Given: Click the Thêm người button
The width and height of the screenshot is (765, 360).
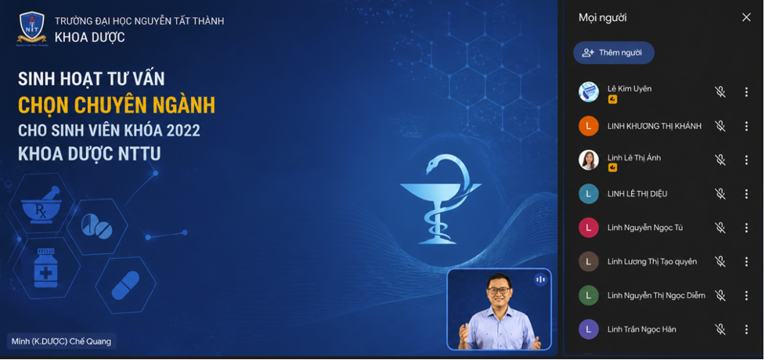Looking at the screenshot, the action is click(613, 52).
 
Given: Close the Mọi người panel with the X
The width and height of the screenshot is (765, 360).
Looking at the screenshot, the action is click(746, 17).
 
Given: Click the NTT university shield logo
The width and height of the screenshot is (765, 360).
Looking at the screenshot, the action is click(32, 28).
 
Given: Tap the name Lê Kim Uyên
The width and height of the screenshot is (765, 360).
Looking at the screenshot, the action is click(630, 88).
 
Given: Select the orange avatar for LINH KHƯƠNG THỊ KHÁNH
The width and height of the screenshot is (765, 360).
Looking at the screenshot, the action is click(588, 126).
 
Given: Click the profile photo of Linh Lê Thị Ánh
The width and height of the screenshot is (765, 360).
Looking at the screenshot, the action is click(588, 160).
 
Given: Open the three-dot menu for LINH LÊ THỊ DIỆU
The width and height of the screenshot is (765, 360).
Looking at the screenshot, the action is click(746, 194).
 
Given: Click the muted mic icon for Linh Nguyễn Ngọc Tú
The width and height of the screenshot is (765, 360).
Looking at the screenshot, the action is click(720, 228).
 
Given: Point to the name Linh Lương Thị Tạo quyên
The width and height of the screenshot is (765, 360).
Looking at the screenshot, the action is click(651, 262).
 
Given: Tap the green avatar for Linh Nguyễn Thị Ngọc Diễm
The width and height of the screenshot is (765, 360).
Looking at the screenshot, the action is click(588, 296).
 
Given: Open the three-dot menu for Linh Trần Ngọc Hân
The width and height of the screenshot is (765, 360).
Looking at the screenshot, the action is click(746, 329).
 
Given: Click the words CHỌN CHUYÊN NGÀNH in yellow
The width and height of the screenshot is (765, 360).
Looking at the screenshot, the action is click(117, 104).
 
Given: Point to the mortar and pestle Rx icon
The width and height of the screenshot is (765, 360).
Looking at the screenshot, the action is click(41, 204).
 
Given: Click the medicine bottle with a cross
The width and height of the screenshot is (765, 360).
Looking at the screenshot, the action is click(45, 268).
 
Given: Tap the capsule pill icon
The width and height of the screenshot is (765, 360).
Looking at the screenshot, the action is click(125, 286).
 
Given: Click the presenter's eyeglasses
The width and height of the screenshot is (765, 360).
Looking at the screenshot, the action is click(499, 290).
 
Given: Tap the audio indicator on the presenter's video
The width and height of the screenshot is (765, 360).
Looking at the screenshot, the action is click(539, 279).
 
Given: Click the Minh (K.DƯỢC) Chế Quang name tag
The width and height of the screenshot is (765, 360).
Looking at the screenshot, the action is click(62, 341).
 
